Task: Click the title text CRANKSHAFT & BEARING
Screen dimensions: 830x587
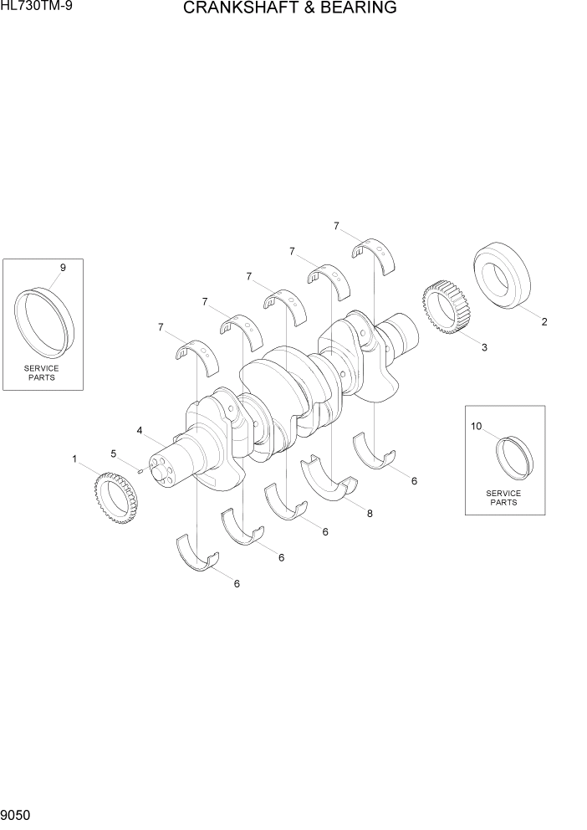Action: [x=288, y=9]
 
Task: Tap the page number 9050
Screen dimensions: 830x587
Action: [x=18, y=814]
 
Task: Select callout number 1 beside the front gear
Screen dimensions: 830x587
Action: [x=74, y=459]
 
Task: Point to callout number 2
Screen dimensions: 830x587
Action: [x=544, y=321]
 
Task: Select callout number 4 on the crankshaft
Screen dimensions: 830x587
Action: [x=140, y=431]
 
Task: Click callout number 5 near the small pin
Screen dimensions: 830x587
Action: [x=114, y=453]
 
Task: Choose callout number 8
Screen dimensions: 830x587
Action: [x=369, y=514]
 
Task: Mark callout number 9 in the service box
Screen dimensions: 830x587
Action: [x=62, y=267]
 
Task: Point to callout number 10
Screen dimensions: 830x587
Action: [x=477, y=426]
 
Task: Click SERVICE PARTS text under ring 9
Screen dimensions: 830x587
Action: [x=41, y=372]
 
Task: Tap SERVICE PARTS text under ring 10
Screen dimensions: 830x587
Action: [x=503, y=498]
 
